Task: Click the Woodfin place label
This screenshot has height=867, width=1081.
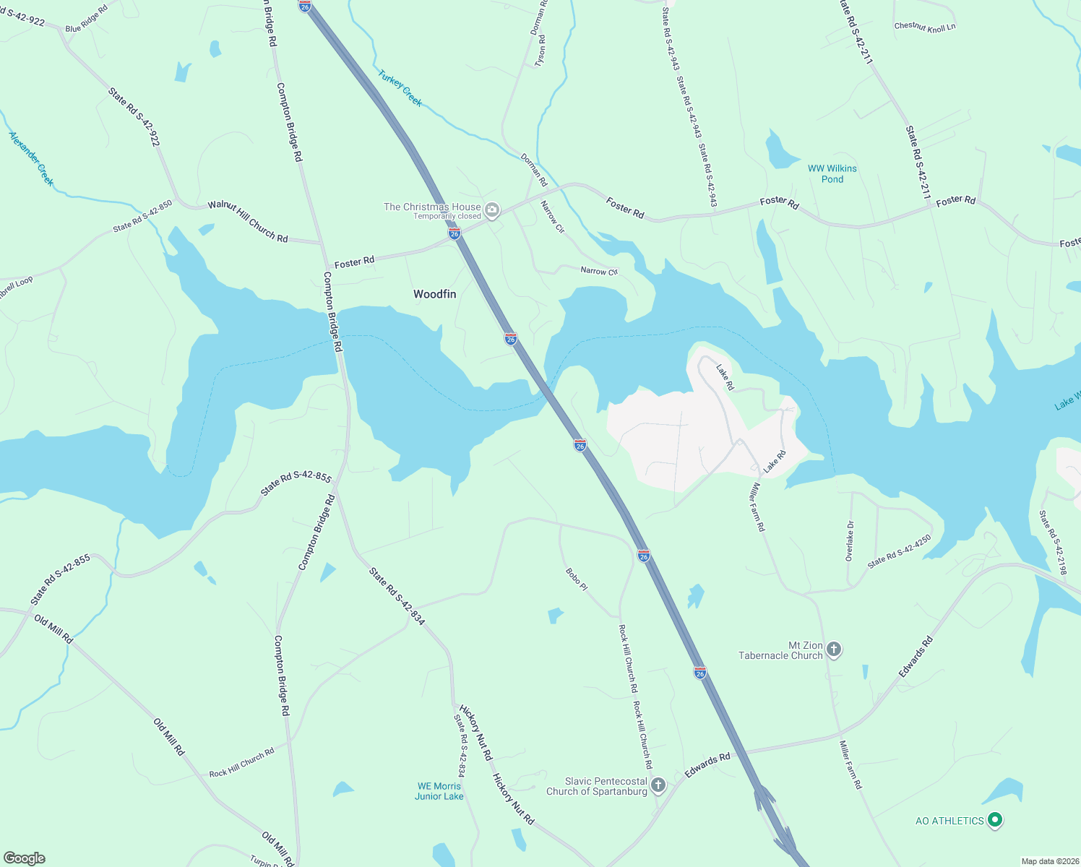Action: tap(434, 294)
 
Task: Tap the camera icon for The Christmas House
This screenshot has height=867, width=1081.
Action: tap(492, 210)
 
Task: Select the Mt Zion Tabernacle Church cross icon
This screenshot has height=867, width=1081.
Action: tap(833, 650)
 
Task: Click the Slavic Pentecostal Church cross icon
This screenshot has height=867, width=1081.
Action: tap(658, 785)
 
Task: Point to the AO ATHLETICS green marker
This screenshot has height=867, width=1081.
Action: tap(995, 820)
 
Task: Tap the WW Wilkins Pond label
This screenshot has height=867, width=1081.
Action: tap(832, 173)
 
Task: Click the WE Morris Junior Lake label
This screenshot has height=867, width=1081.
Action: tap(439, 791)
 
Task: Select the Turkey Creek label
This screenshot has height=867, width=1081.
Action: tap(400, 88)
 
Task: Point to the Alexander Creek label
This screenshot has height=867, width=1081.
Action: tap(31, 158)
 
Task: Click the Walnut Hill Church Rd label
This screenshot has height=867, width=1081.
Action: tap(248, 221)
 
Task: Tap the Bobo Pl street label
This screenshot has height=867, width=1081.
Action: tap(576, 579)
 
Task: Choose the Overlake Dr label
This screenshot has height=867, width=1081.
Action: tap(850, 540)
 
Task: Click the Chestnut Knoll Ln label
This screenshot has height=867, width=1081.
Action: tap(924, 27)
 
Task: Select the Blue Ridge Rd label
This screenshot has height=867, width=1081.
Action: tap(86, 19)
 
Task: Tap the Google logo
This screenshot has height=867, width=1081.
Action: tap(25, 858)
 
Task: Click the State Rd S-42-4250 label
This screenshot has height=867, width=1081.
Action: tap(899, 552)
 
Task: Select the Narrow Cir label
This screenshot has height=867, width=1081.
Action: tap(552, 217)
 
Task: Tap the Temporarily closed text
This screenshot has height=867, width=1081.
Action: tap(447, 216)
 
